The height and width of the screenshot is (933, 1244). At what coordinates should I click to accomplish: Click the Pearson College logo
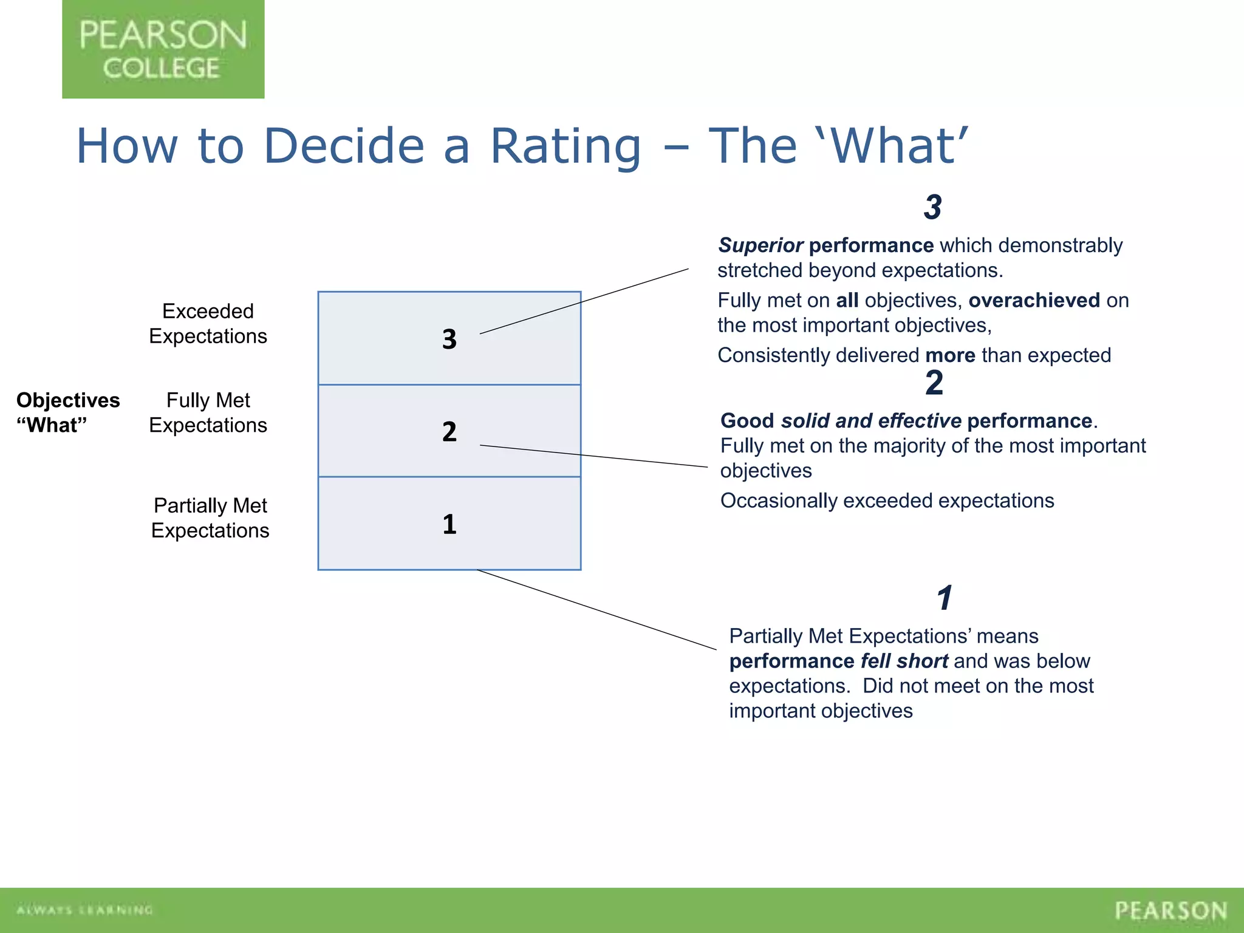[163, 49]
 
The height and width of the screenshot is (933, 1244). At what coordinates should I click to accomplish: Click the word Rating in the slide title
[566, 146]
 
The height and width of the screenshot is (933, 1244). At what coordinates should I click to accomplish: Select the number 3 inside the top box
[449, 339]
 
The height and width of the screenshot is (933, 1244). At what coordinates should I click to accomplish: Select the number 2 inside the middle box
[449, 432]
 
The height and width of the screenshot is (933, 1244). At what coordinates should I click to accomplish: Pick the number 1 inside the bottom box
[449, 524]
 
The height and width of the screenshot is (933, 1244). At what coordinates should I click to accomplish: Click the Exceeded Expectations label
[208, 324]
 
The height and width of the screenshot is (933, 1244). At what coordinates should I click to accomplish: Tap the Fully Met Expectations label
[208, 413]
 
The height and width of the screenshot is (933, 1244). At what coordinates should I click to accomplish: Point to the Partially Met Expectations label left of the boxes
[210, 518]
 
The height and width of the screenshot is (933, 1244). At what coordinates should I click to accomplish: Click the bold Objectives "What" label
[67, 412]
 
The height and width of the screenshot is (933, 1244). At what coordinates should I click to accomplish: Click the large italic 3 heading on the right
[932, 207]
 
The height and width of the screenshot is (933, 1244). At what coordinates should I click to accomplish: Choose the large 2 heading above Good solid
[934, 383]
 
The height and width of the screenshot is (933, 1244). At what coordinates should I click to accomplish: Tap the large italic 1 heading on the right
[944, 598]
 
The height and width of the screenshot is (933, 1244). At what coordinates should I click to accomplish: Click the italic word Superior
[760, 245]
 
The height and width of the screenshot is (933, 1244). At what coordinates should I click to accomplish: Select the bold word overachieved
[1034, 300]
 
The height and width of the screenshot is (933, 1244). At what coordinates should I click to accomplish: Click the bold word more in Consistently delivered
[950, 355]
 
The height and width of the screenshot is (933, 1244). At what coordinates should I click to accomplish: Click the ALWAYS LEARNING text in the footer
[84, 910]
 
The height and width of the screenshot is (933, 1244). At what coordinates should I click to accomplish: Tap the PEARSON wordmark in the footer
[1171, 911]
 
